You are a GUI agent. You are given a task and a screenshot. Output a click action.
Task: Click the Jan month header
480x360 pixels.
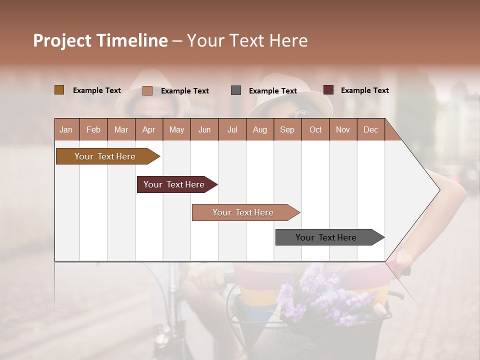point(66,130)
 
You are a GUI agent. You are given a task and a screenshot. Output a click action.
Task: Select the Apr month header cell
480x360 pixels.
point(149,130)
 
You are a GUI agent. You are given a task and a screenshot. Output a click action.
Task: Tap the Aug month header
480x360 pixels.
point(260,130)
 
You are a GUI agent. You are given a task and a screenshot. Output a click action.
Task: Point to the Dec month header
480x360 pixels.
point(370,130)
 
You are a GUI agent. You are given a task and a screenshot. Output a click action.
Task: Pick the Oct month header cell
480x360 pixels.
point(315,130)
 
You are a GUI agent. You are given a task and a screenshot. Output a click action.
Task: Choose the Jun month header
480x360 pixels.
point(204,130)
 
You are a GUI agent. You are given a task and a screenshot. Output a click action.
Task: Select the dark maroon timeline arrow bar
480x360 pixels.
point(175,184)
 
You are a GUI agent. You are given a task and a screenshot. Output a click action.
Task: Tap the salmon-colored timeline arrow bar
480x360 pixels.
point(244,212)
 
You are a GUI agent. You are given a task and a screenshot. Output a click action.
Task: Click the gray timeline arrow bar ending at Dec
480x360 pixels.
point(327,237)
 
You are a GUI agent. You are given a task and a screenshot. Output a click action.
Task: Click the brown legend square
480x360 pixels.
point(59,90)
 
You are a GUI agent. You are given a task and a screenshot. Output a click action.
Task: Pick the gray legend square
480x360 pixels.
point(236,90)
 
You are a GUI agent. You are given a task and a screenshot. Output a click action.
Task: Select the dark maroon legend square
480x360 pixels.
point(328,90)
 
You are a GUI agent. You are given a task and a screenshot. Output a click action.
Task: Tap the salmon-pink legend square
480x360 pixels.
point(147,90)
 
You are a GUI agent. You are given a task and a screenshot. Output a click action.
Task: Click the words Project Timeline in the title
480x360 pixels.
point(100,40)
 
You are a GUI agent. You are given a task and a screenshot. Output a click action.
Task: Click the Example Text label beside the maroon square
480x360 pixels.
point(364,90)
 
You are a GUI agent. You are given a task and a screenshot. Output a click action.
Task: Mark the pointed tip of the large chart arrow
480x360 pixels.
point(439,190)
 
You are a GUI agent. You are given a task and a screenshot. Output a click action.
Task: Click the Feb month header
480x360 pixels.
point(93,130)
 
